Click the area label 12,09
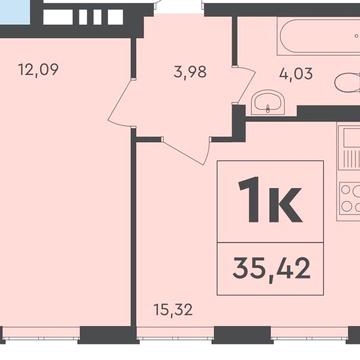pyautogui.click(x=38, y=70)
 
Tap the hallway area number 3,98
pyautogui.click(x=190, y=72)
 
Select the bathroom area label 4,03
pyautogui.click(x=296, y=74)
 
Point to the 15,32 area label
pyautogui.click(x=173, y=310)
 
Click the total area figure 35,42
pyautogui.click(x=271, y=269)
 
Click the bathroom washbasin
pyautogui.click(x=268, y=102)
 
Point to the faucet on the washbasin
pyautogui.click(x=268, y=108)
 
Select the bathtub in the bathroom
pyautogui.click(x=319, y=36)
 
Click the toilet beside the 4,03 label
pyautogui.click(x=347, y=82)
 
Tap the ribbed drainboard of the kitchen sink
pyautogui.click(x=351, y=159)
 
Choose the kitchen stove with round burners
pyautogui.click(x=349, y=201)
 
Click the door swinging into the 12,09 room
pyautogui.click(x=120, y=102)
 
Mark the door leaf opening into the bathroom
pyautogui.click(x=246, y=85)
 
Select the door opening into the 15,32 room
pyautogui.click(x=187, y=151)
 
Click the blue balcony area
pyautogui.click(x=15, y=13)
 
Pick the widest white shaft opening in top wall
pyautogui.click(x=58, y=17)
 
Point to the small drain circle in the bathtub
pyautogui.click(x=357, y=36)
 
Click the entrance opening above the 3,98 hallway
pyautogui.click(x=180, y=8)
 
